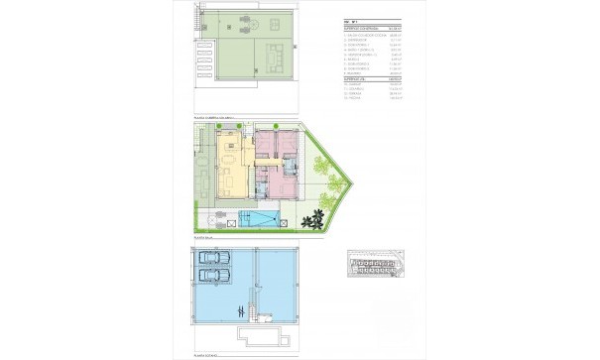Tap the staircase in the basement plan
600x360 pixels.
[x=249, y=312]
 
